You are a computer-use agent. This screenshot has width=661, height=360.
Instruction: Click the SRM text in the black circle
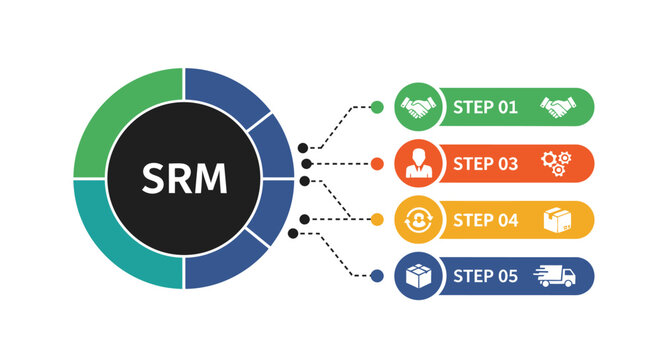184,179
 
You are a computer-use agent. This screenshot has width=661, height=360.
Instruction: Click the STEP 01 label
486,107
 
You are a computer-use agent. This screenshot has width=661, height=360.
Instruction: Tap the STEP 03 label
486,163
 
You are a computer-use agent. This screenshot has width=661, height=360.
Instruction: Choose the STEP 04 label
486,220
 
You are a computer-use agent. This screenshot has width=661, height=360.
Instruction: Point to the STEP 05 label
486,276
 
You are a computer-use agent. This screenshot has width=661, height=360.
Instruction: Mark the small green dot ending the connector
376,107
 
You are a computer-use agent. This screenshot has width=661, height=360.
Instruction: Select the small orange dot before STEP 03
376,163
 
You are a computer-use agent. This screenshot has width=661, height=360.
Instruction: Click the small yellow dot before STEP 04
376,219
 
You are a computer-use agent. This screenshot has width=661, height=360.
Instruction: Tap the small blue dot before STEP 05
376,276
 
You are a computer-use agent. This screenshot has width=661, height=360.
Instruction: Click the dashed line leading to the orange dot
340,163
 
